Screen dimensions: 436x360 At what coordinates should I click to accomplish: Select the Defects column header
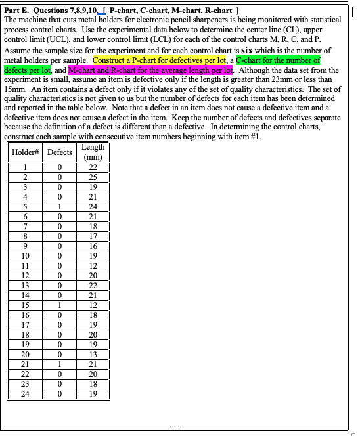click(60, 152)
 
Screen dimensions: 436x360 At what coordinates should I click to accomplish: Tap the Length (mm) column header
click(93, 152)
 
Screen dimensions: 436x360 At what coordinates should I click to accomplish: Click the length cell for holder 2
click(93, 177)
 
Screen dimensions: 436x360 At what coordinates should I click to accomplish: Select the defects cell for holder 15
click(60, 305)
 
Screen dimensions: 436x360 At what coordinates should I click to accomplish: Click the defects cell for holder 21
click(60, 364)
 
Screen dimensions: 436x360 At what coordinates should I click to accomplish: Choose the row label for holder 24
click(25, 393)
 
